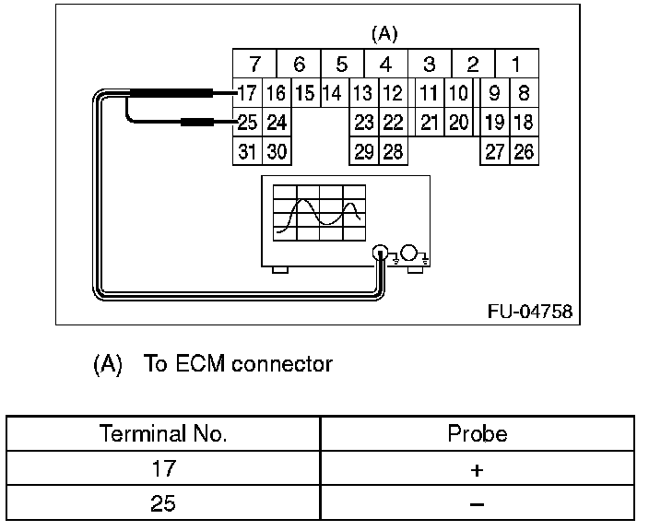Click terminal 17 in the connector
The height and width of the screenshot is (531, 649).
coord(247,93)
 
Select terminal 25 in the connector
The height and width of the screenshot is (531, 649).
coord(247,123)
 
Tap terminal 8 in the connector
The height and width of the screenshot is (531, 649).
coord(524,93)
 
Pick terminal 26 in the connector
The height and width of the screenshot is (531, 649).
coord(524,152)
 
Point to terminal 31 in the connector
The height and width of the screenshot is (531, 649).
coord(247,152)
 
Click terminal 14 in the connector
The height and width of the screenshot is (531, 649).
coord(333,93)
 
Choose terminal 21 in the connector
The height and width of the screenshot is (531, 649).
coord(429,123)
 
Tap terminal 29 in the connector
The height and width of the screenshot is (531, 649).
coord(364,152)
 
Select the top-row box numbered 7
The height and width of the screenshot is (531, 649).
coord(254,65)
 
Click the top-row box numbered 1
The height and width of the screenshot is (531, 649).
coord(516,65)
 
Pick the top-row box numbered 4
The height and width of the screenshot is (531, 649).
coord(386,65)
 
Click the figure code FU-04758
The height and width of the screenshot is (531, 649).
coord(529,312)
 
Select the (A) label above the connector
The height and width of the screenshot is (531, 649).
coord(383,34)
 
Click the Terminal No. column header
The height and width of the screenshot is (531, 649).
coord(163,433)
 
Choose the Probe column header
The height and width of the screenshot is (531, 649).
coord(477,433)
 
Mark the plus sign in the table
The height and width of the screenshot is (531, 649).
coord(477,469)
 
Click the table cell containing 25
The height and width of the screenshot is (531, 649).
coord(163,504)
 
